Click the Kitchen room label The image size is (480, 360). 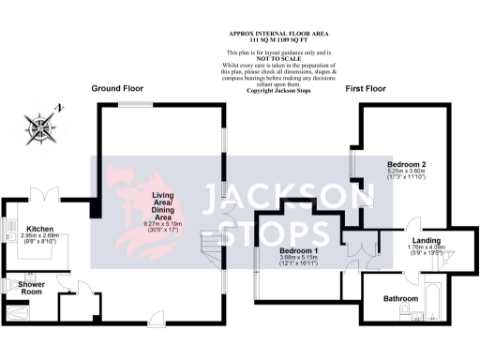tap(40, 228)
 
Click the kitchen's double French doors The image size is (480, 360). tap(43, 196)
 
